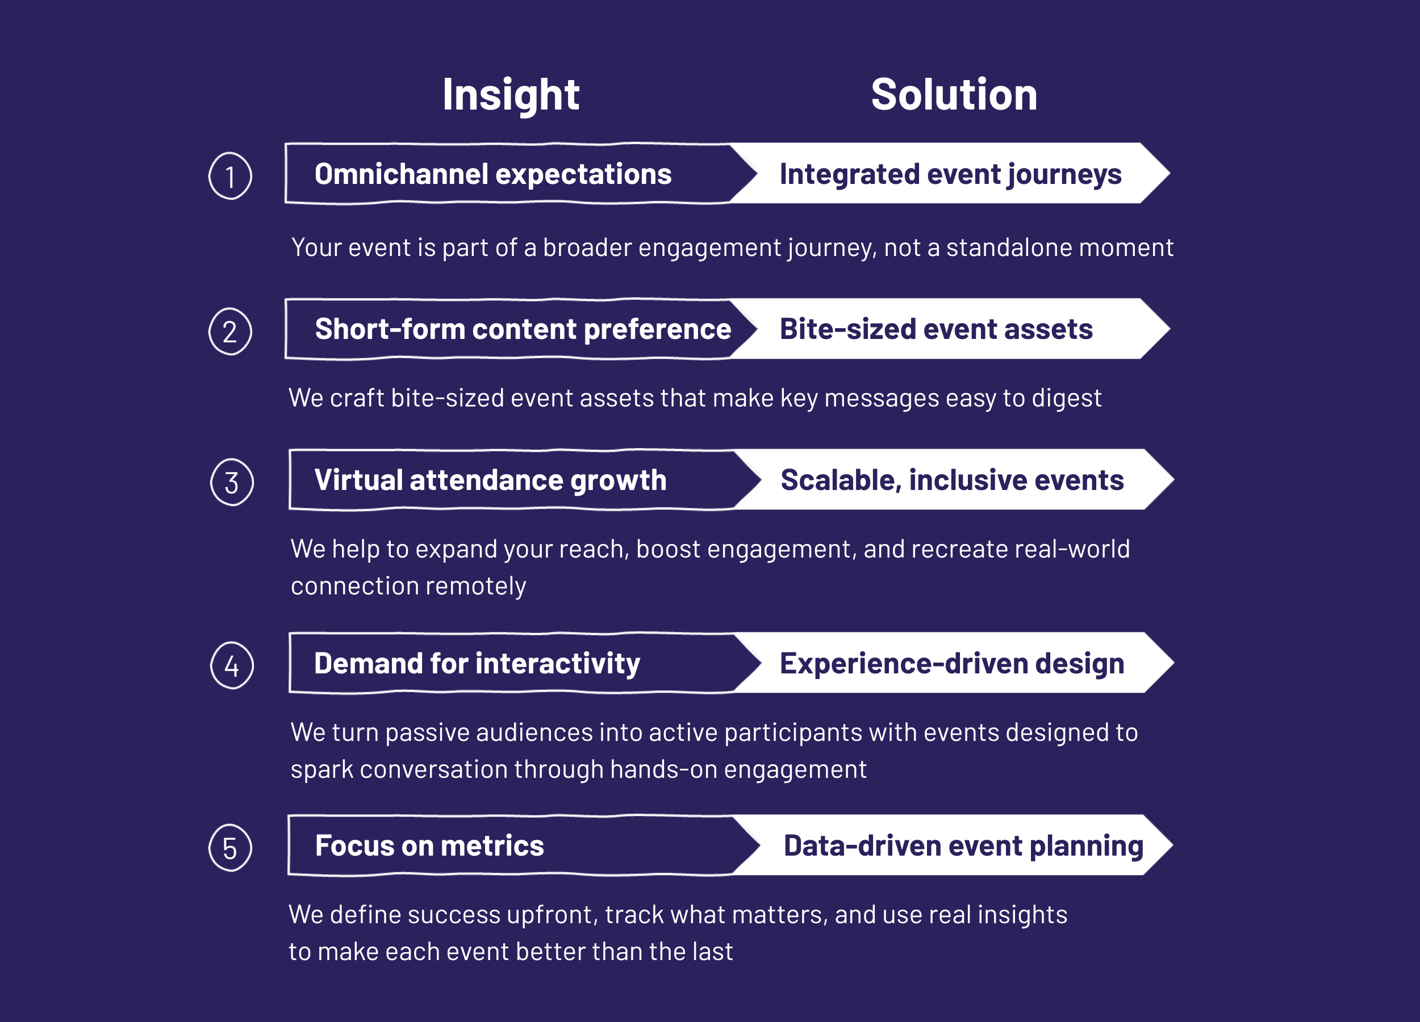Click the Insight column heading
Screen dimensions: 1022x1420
pyautogui.click(x=510, y=95)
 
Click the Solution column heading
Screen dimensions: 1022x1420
pyautogui.click(x=954, y=95)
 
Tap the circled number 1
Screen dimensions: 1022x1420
pyautogui.click(x=231, y=176)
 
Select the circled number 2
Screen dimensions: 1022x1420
pyautogui.click(x=231, y=331)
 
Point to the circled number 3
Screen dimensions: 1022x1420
pyautogui.click(x=232, y=483)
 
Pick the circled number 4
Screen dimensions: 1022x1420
pyautogui.click(x=232, y=665)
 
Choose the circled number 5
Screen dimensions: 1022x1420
pyautogui.click(x=231, y=848)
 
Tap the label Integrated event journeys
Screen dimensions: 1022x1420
pyautogui.click(x=950, y=174)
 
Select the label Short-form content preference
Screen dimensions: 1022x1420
pyautogui.click(x=523, y=329)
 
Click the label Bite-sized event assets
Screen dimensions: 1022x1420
pyautogui.click(x=936, y=329)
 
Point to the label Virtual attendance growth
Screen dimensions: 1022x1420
pyautogui.click(x=490, y=480)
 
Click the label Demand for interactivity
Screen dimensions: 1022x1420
pyautogui.click(x=477, y=663)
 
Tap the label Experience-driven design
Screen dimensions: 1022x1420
pyautogui.click(x=951, y=663)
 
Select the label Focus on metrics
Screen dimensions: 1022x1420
pyautogui.click(x=429, y=845)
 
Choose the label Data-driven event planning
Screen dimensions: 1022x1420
pyautogui.click(x=963, y=845)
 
